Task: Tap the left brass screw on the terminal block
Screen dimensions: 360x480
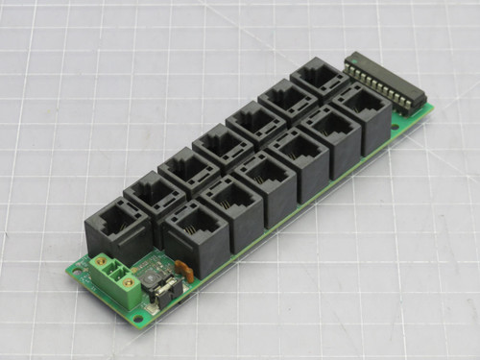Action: (x=101, y=261)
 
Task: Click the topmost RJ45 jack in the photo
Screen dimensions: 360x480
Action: (x=319, y=81)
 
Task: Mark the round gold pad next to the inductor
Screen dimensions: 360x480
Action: (x=137, y=257)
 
